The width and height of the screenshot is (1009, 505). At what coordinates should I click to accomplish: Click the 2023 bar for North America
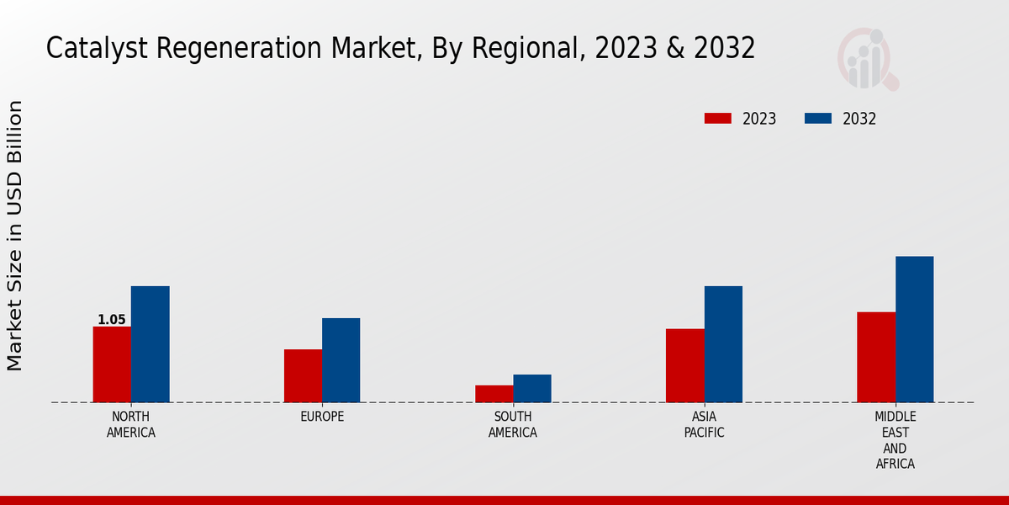point(112,364)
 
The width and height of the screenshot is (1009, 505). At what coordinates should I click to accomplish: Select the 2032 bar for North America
point(150,344)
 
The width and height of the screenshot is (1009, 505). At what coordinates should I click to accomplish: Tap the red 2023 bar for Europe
point(303,375)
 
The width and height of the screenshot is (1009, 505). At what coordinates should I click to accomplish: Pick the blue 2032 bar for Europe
point(341,360)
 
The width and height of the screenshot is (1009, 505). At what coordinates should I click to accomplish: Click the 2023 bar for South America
point(494,394)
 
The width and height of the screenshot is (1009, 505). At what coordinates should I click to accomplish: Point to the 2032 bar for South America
point(532,388)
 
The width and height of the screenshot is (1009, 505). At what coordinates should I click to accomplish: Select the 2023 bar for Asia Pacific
point(684,365)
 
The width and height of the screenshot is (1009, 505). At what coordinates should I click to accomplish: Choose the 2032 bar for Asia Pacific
point(723,344)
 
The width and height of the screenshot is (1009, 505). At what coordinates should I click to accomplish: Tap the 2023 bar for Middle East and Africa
point(876,357)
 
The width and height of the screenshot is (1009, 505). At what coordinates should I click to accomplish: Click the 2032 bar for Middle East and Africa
point(914,329)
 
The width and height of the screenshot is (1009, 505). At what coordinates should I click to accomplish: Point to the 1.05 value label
point(111,320)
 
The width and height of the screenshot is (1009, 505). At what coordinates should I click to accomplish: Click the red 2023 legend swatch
point(718,119)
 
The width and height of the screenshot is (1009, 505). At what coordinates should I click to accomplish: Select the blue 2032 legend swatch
point(818,119)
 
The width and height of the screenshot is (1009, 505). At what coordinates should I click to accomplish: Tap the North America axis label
point(131,424)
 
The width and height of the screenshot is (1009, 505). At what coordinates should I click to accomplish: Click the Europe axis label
point(322,417)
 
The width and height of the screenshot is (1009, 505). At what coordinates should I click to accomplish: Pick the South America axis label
point(513,424)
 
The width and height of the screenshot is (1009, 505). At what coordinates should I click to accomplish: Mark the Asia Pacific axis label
point(704,424)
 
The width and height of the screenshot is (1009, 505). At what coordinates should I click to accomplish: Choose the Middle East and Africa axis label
point(895,440)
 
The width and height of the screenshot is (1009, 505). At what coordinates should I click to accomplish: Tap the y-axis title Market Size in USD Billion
point(15,236)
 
